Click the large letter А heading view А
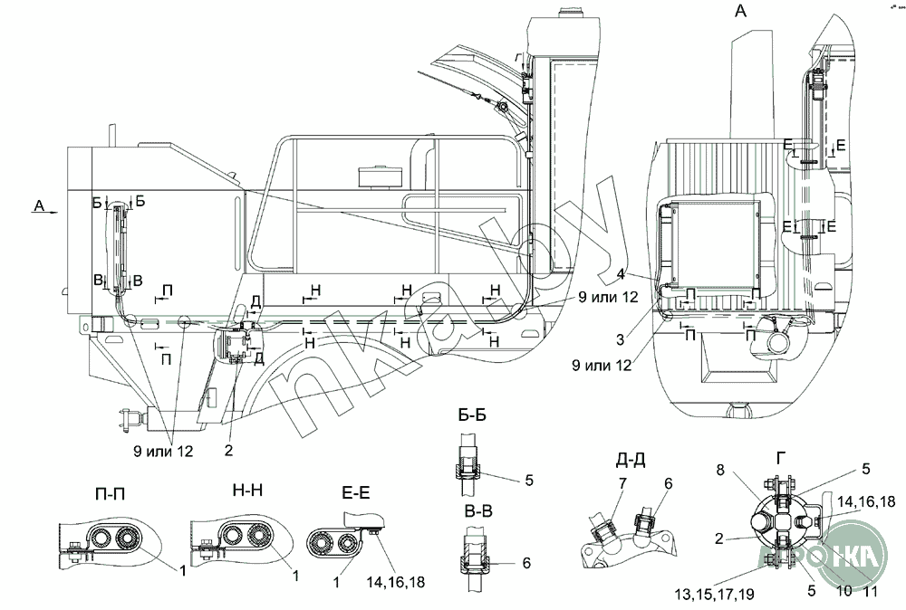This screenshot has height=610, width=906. click(x=741, y=12)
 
